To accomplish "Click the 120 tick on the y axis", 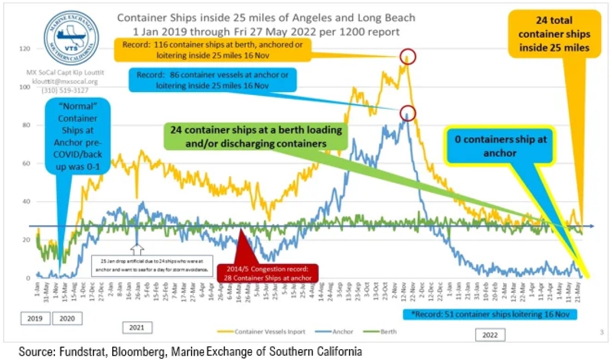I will click(x=25, y=49).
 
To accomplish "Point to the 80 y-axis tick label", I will click(x=26, y=125).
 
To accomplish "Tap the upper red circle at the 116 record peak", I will click(x=408, y=56).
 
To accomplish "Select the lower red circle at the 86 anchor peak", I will click(x=408, y=113).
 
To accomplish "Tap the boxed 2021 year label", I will click(x=137, y=327).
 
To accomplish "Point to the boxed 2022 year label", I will click(x=490, y=335).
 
